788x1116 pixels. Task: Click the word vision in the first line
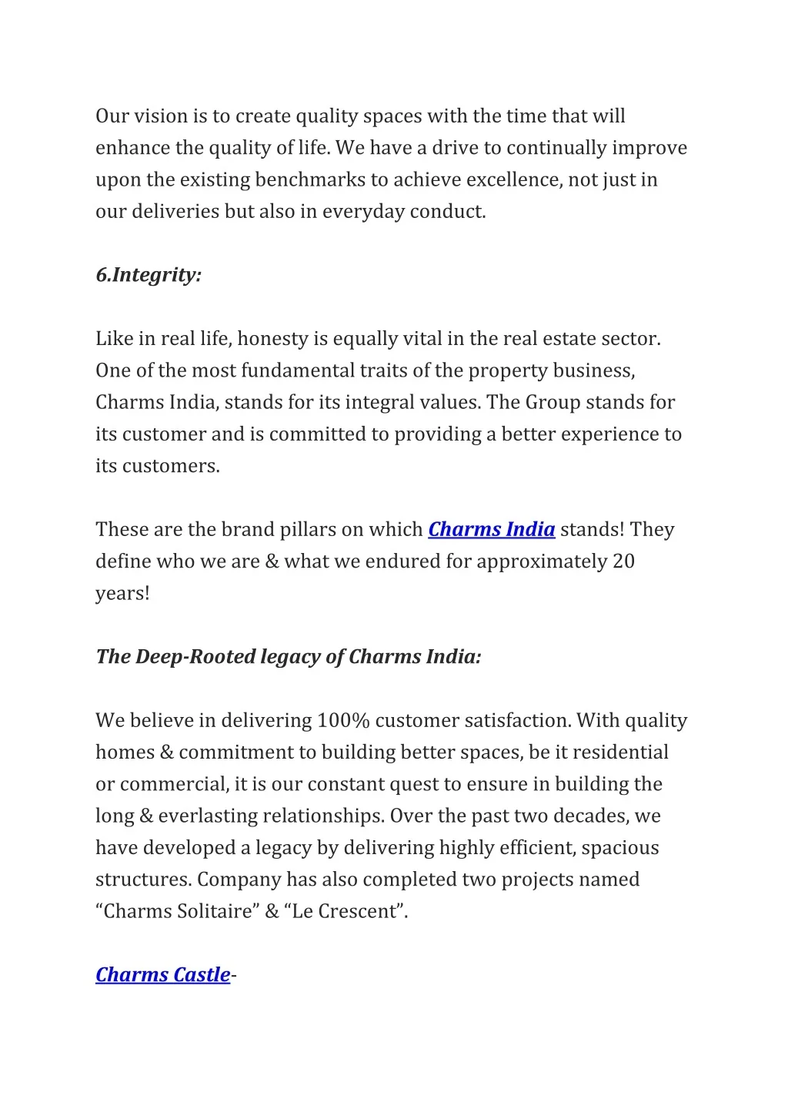coord(161,116)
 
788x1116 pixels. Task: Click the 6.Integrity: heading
coord(149,275)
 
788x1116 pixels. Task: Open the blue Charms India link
coord(491,530)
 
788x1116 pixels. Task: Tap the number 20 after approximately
coord(623,561)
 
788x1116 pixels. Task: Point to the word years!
coord(122,594)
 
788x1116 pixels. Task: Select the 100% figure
coord(343,721)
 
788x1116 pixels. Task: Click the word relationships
coord(322,816)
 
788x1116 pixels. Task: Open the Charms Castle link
coord(162,975)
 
